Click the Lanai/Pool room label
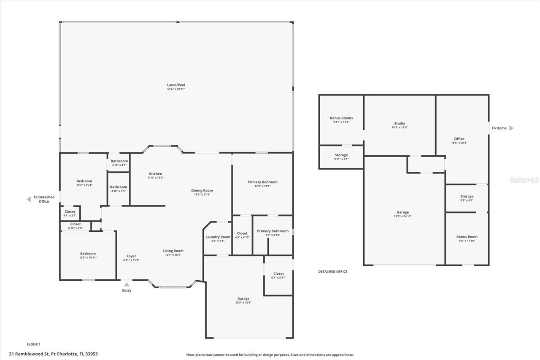[x=176, y=85]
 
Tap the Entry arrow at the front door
[x=127, y=285]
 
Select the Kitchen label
[x=155, y=174]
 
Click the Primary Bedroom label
[x=262, y=182]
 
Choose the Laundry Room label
[x=218, y=237]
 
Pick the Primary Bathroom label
[x=273, y=231]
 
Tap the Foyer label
[x=131, y=256]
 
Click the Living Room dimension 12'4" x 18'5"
[x=173, y=255]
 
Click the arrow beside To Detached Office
[x=29, y=199]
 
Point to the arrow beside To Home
[x=511, y=128]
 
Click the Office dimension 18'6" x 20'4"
[x=459, y=143]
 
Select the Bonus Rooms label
[x=341, y=118]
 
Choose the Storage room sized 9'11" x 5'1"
[x=341, y=157]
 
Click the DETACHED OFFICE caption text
[x=332, y=271]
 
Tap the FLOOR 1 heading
[x=34, y=344]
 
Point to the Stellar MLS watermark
[x=524, y=180]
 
